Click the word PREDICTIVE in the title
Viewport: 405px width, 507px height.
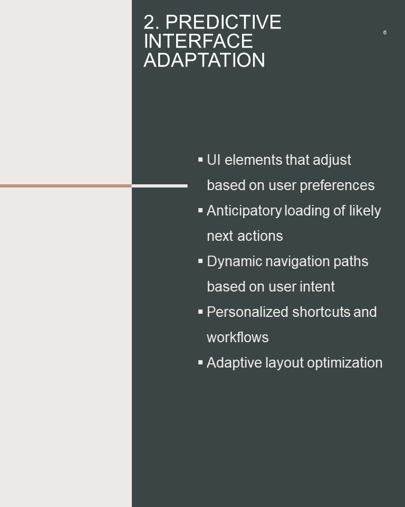click(x=223, y=22)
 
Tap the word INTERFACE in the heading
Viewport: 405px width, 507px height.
click(x=198, y=41)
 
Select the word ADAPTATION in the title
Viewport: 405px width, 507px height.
click(x=204, y=60)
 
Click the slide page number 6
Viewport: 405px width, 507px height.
click(x=384, y=32)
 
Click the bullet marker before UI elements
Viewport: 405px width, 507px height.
click(x=200, y=159)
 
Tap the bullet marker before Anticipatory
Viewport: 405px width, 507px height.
click(x=200, y=210)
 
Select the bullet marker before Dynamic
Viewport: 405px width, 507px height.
click(x=200, y=261)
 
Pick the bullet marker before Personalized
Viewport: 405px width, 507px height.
click(x=200, y=312)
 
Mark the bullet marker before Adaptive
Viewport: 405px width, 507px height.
click(x=200, y=362)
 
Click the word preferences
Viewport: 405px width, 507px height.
click(x=337, y=186)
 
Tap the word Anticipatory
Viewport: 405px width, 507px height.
click(x=244, y=211)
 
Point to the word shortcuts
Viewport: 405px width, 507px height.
click(x=321, y=312)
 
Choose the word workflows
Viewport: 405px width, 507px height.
click(x=238, y=337)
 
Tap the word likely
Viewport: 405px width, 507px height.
click(x=365, y=211)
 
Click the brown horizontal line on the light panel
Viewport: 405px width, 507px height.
click(x=66, y=186)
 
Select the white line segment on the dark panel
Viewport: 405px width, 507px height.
click(x=160, y=186)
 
